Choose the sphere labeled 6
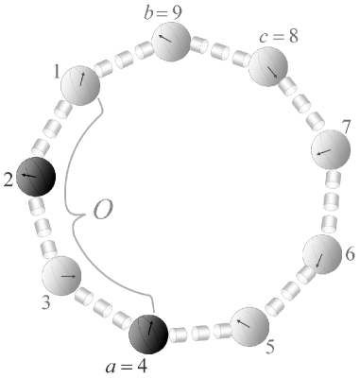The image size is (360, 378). pyautogui.click(x=321, y=254)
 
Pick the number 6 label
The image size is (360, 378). pyautogui.click(x=349, y=255)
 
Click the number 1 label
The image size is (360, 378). pyautogui.click(x=56, y=71)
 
